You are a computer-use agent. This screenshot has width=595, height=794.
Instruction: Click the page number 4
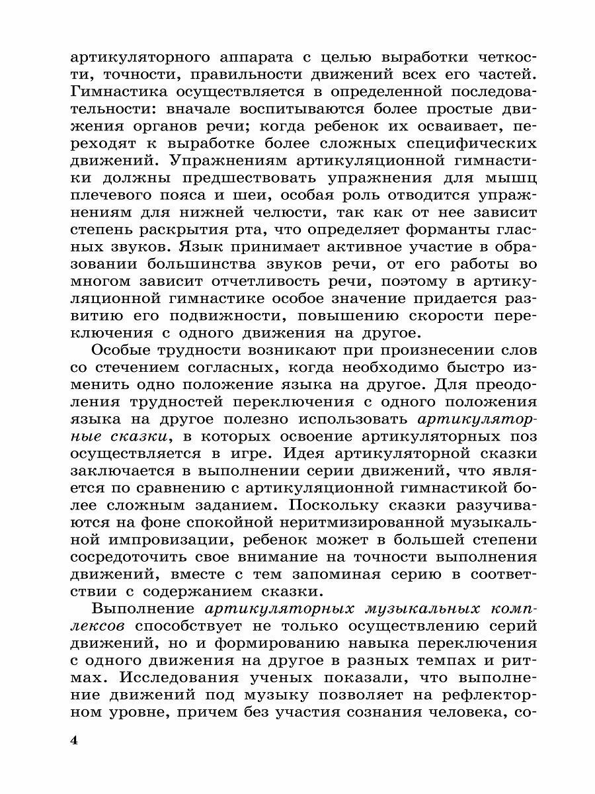(x=74, y=740)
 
